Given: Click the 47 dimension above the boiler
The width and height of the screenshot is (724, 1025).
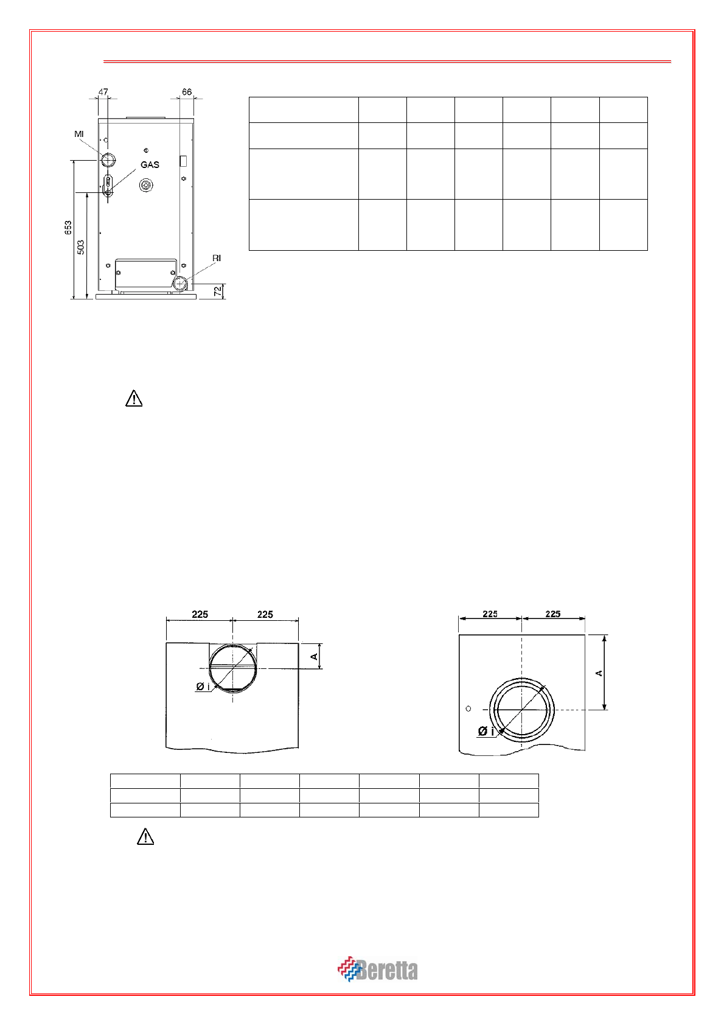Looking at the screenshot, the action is [x=103, y=91].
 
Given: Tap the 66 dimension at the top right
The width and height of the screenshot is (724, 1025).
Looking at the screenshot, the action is [x=187, y=91].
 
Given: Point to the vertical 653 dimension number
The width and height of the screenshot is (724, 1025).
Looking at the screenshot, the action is [x=68, y=228].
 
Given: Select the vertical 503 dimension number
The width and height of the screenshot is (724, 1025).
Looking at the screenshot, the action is [x=80, y=247].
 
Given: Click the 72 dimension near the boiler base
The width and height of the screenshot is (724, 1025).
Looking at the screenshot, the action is [x=218, y=290].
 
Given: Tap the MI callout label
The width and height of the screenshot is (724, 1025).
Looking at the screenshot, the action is [x=78, y=134].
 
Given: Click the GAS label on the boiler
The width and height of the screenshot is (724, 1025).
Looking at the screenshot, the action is [x=150, y=165].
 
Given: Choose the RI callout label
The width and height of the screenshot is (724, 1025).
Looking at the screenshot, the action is [x=217, y=258].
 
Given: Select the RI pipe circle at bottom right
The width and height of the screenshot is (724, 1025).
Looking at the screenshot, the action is [x=180, y=284].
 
